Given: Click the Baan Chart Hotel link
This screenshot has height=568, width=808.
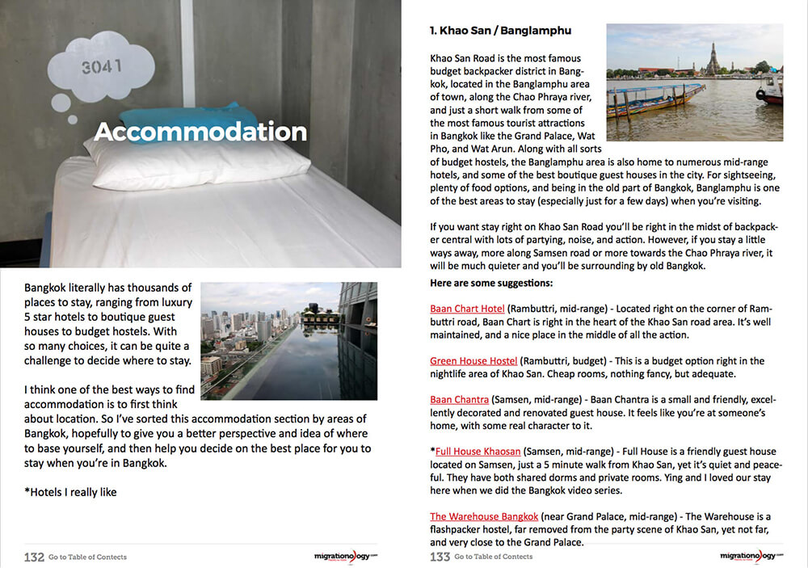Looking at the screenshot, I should pos(467,309).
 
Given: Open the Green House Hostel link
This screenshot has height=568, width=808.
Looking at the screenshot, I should pos(473,360).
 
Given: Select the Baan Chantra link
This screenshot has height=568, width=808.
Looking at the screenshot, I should pos(459,399).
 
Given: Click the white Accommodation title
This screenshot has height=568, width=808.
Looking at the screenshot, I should pos(200,132).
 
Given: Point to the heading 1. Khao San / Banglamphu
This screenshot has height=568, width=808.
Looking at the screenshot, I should pos(500,31).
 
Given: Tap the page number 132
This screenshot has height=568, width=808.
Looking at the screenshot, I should pos(34,557).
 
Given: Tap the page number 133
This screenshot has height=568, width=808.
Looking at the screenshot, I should pos(440,557).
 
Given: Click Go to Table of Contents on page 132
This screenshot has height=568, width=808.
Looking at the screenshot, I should pos(87,557).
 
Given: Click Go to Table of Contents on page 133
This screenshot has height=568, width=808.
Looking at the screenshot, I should pos(494,557).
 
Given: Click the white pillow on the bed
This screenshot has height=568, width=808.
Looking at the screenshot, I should pos(198,162).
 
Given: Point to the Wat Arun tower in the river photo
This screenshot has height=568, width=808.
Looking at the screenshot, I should pos(713,59).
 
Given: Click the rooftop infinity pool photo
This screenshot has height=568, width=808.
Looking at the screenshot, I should pos(288,340).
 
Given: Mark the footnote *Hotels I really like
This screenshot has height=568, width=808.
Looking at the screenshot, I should pos(70,491).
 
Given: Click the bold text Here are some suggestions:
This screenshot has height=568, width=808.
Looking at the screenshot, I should pos(491,283).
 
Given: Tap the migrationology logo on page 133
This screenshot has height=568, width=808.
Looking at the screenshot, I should pos(751,556).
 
